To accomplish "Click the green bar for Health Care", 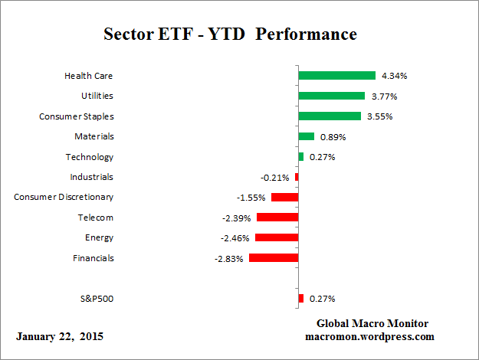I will [x=336, y=76].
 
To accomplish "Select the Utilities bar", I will [x=331, y=96].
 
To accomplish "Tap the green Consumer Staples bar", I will [x=330, y=116].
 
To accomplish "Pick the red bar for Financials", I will [x=273, y=258].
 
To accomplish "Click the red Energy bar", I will [x=276, y=237].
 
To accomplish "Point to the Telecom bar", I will [x=277, y=218].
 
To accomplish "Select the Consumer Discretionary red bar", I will [x=284, y=198].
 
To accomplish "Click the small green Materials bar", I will [x=306, y=136].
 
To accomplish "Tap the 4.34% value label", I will [x=394, y=76].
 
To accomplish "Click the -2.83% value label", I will [x=229, y=259].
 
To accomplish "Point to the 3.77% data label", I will [x=383, y=97].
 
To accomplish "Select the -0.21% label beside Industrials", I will [x=275, y=178].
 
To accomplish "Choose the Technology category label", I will [x=90, y=157].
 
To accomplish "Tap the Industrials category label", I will [x=91, y=177].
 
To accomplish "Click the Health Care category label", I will [x=89, y=76].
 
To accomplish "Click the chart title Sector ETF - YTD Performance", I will [x=230, y=35].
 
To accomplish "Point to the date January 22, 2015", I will [x=60, y=336].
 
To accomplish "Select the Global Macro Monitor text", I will [x=372, y=323].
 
